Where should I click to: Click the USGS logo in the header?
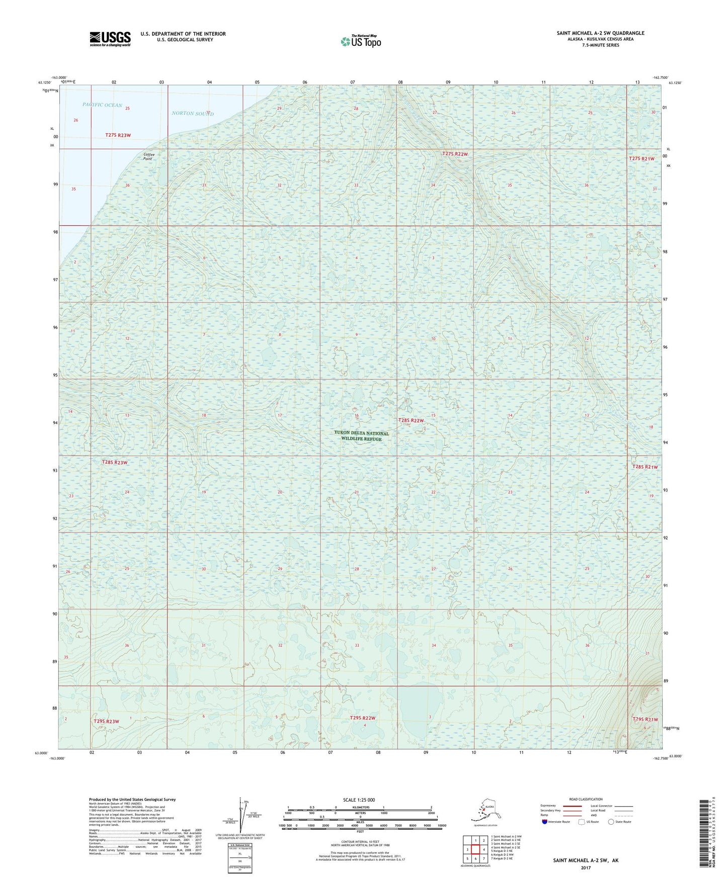point(110,39)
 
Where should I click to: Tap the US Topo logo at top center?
point(360,41)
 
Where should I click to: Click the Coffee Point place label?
point(148,156)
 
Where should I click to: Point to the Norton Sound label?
point(193,114)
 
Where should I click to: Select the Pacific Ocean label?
point(102,105)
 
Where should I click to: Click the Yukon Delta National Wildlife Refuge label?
point(361,436)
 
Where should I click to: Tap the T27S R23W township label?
point(118,135)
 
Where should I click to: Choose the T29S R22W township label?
point(363,718)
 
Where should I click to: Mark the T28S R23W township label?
point(115,462)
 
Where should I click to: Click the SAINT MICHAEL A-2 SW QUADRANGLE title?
point(600,33)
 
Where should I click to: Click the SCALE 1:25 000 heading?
point(359,800)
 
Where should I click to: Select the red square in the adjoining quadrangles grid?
point(475,849)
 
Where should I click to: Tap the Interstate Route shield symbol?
point(545,822)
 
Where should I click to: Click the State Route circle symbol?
point(611,822)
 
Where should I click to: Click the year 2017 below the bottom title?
point(585,867)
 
